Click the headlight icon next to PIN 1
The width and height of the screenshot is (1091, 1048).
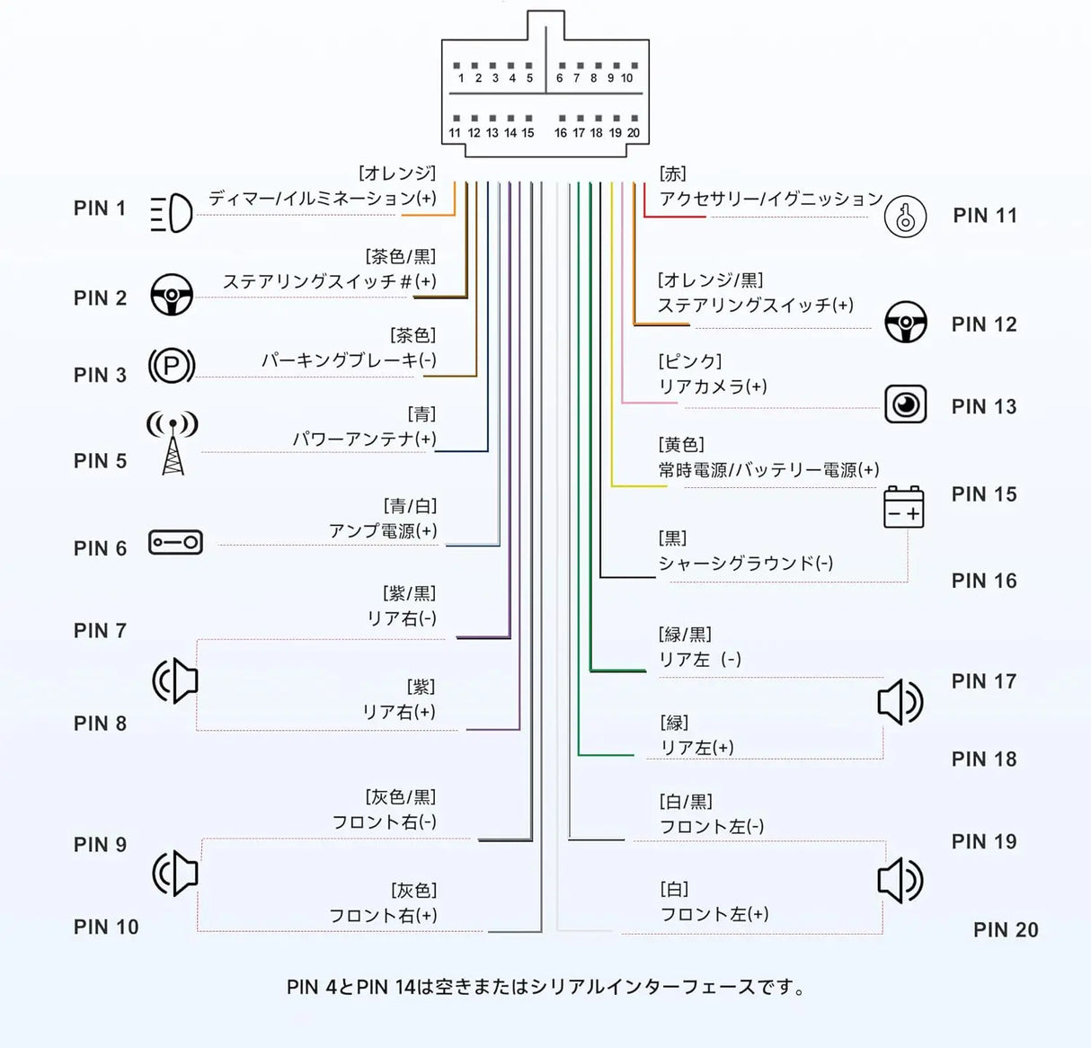coord(172,213)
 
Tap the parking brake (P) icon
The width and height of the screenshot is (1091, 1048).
coord(172,366)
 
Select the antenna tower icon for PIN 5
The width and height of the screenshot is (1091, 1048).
coord(173,443)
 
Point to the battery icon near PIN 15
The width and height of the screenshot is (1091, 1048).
coord(904,507)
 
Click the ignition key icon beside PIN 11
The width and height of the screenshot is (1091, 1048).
coord(905,217)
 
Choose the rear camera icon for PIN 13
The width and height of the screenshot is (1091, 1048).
coord(906,404)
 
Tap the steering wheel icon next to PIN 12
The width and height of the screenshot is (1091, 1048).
coord(906,322)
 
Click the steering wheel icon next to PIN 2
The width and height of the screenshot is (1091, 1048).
coord(172,295)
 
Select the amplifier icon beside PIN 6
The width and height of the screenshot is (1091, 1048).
coord(175,542)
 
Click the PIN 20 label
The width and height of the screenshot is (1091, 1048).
coord(1006,930)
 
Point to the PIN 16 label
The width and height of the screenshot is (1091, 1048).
coord(984,581)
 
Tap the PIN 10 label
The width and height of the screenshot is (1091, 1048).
coord(106,928)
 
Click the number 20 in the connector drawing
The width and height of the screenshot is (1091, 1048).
coord(633,133)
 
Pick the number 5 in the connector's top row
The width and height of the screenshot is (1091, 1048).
coord(529,78)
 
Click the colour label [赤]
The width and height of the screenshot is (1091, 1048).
coord(673,173)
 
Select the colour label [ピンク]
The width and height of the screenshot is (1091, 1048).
coord(690,361)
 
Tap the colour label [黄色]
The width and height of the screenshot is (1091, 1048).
coord(681,445)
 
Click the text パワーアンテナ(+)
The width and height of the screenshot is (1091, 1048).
coord(364,439)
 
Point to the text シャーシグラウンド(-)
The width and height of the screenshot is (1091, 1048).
coord(746,563)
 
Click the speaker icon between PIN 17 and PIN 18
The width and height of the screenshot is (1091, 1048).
coord(900,702)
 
